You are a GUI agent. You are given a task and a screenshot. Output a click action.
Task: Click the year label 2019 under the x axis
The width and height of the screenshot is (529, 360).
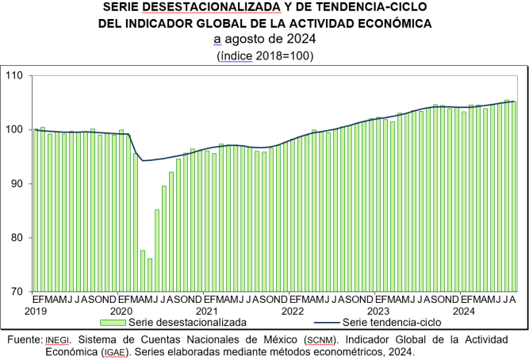[x=36, y=311]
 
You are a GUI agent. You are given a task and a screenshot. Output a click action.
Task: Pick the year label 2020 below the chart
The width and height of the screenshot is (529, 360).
[x=121, y=311]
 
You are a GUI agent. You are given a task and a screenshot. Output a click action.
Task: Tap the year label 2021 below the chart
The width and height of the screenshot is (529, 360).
[x=207, y=311]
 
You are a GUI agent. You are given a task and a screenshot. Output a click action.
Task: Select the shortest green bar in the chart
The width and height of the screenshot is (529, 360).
[x=149, y=275]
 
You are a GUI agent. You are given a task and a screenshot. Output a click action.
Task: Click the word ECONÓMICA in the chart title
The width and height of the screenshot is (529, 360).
[x=395, y=24]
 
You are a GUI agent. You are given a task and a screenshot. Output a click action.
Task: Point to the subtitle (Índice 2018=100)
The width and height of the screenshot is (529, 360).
[x=265, y=56]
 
